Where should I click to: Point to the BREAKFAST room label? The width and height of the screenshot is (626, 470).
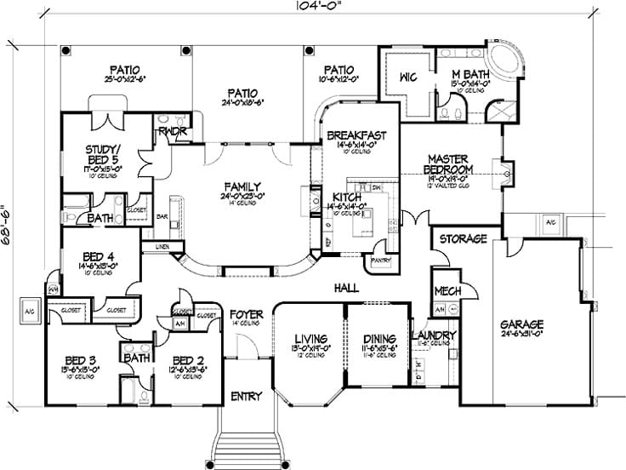(x=357, y=135)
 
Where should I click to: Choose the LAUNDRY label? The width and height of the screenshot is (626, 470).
(x=433, y=335)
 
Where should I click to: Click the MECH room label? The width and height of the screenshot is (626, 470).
(x=447, y=291)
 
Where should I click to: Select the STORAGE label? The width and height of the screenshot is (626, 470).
(x=463, y=239)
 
